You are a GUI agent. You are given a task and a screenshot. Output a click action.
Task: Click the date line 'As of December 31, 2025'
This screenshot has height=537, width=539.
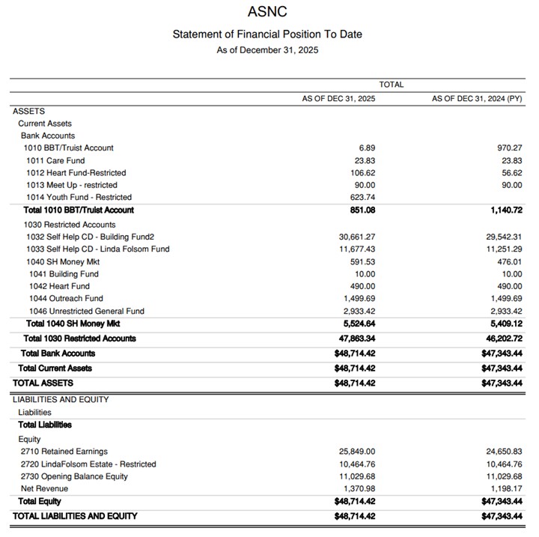point(267,50)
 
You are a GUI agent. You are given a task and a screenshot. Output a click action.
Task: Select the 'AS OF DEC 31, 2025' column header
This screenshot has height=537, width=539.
point(338,99)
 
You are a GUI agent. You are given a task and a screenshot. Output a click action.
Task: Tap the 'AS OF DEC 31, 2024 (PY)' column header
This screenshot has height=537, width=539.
point(477,99)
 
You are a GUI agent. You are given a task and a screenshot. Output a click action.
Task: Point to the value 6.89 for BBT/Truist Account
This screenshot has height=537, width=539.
point(367,148)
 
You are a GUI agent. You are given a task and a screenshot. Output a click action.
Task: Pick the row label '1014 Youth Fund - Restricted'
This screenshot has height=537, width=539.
point(79,198)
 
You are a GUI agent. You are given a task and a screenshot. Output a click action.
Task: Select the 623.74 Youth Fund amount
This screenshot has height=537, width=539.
point(362,198)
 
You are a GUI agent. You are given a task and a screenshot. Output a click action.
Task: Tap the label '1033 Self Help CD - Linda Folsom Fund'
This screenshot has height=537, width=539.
point(97,249)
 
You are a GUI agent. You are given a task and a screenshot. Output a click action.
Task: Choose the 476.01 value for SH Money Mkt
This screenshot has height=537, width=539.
point(508,261)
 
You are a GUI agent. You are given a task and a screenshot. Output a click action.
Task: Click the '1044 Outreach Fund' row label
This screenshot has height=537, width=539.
point(66,299)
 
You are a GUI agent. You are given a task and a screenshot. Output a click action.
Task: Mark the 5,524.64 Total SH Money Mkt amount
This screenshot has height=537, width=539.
point(358,324)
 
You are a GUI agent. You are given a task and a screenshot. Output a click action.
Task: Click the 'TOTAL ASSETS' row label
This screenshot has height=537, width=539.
point(43,383)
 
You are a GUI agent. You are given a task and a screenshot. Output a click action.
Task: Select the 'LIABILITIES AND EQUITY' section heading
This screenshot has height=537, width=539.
point(61,400)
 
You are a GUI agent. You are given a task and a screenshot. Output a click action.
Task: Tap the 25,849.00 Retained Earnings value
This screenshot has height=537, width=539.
point(357,452)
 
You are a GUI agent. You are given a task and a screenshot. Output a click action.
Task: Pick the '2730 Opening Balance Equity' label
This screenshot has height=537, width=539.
point(74,476)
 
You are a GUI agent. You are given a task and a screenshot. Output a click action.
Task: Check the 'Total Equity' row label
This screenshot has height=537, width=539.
point(40,502)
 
